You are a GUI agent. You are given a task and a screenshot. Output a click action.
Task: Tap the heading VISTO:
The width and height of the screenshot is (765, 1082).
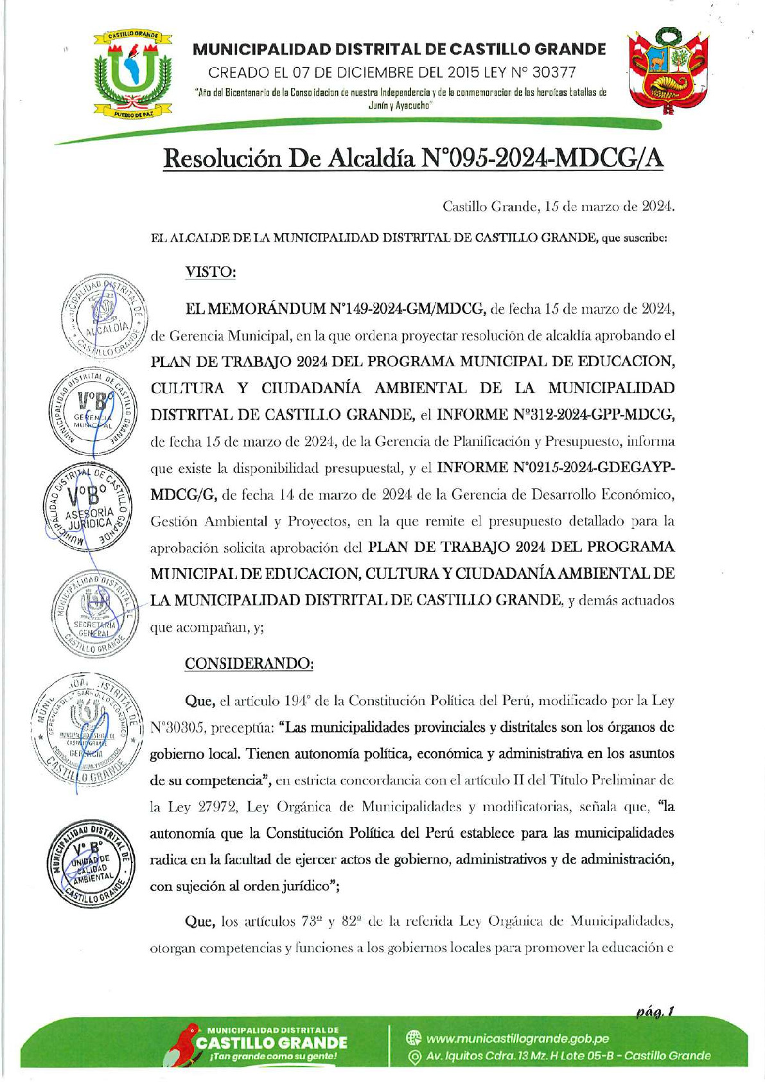(211, 272)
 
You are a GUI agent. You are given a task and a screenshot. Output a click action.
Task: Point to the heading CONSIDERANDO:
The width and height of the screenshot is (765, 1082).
(249, 663)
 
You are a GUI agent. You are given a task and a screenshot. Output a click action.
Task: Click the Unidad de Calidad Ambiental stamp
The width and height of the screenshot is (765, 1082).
(91, 865)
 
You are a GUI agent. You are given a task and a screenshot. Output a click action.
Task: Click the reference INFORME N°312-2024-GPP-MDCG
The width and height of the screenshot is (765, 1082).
(555, 415)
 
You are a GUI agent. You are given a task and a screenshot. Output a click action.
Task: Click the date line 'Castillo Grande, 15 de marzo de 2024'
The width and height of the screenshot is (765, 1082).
(558, 207)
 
